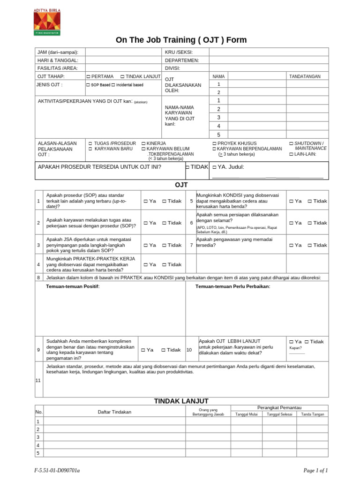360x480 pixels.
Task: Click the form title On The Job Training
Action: coord(181,40)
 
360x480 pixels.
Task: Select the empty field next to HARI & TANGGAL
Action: coord(123,60)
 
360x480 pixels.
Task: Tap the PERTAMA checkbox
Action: coord(89,76)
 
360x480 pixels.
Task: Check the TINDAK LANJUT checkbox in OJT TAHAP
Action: coord(122,76)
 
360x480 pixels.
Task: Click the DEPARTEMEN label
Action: coord(182,60)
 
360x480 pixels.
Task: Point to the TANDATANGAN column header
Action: coord(305,76)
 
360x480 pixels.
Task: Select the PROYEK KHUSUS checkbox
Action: coord(214,143)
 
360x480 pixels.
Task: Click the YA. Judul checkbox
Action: coord(214,167)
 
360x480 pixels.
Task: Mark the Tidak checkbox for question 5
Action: coord(310,201)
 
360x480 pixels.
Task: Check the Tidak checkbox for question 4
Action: coord(164,265)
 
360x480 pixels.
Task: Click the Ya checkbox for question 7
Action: coord(291,245)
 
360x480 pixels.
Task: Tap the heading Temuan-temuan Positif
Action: coord(73,286)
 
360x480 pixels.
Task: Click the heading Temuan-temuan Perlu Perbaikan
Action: coord(232,286)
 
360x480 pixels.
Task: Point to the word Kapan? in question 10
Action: coord(295,348)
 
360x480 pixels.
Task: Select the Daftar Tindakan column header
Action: coord(114,412)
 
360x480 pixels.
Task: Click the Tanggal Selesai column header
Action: coord(279,414)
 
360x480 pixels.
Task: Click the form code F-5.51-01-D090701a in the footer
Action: coord(60,470)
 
